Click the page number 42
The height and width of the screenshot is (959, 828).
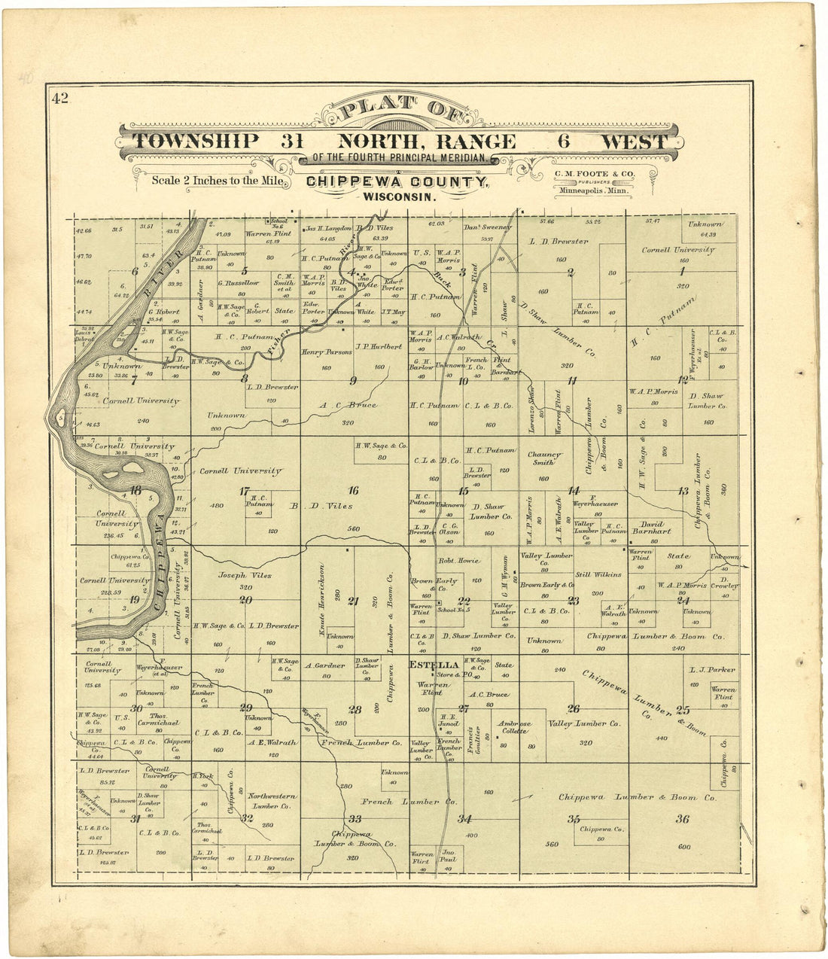coord(59,97)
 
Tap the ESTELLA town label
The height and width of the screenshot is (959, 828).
coord(434,665)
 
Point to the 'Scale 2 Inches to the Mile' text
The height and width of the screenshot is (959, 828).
coord(218,181)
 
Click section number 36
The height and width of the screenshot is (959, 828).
coord(682,819)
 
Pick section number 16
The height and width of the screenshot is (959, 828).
coord(353,491)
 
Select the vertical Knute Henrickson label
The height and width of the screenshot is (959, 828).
coord(322,600)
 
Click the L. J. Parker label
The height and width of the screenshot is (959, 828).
coord(711,669)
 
